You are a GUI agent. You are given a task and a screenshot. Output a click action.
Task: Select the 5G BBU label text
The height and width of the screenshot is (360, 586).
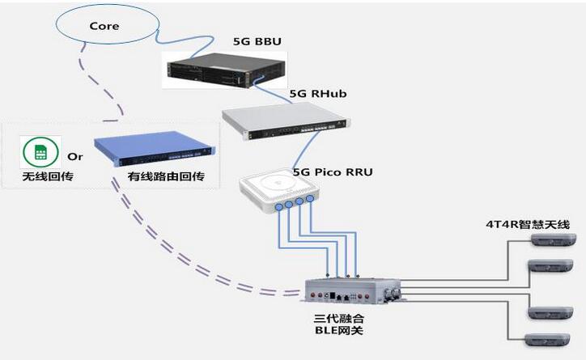coord(257,41)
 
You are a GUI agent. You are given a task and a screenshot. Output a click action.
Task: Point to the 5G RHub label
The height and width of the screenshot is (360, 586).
coord(318,93)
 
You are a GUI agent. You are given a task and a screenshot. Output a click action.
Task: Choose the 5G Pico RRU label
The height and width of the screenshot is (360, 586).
coord(333,172)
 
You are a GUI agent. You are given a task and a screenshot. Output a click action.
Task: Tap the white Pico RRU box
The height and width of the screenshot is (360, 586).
coord(279,190)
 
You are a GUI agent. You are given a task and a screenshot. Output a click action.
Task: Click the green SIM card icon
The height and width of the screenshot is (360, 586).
coord(40,152)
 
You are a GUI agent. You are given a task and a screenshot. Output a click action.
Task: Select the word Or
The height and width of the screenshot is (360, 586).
coord(75,156)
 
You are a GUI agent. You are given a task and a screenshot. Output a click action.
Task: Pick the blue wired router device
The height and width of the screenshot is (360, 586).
coord(155,149)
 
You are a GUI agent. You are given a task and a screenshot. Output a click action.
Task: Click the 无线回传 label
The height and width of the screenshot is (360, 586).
coord(48,176)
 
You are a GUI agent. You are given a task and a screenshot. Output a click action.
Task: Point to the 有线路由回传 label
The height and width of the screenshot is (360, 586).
coord(166,176)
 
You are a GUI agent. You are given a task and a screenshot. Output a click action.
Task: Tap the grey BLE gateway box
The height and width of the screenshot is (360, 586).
coord(352,290)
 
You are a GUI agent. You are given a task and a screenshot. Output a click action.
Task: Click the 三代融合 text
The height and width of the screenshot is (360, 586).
coord(339,319)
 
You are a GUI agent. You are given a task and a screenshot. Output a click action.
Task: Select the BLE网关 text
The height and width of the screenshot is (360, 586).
coord(339,331)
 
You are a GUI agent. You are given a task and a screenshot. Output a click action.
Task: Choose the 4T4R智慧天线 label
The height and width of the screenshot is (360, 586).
coord(528,224)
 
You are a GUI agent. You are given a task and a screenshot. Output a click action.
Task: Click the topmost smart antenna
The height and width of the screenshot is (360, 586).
coord(554,239)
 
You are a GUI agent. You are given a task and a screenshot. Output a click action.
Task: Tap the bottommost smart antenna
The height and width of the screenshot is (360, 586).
coord(547,341)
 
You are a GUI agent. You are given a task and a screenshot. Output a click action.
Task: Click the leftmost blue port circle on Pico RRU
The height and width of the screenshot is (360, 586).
coord(279,207)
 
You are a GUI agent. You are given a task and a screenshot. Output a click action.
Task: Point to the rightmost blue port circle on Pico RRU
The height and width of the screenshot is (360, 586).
coord(310,199)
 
